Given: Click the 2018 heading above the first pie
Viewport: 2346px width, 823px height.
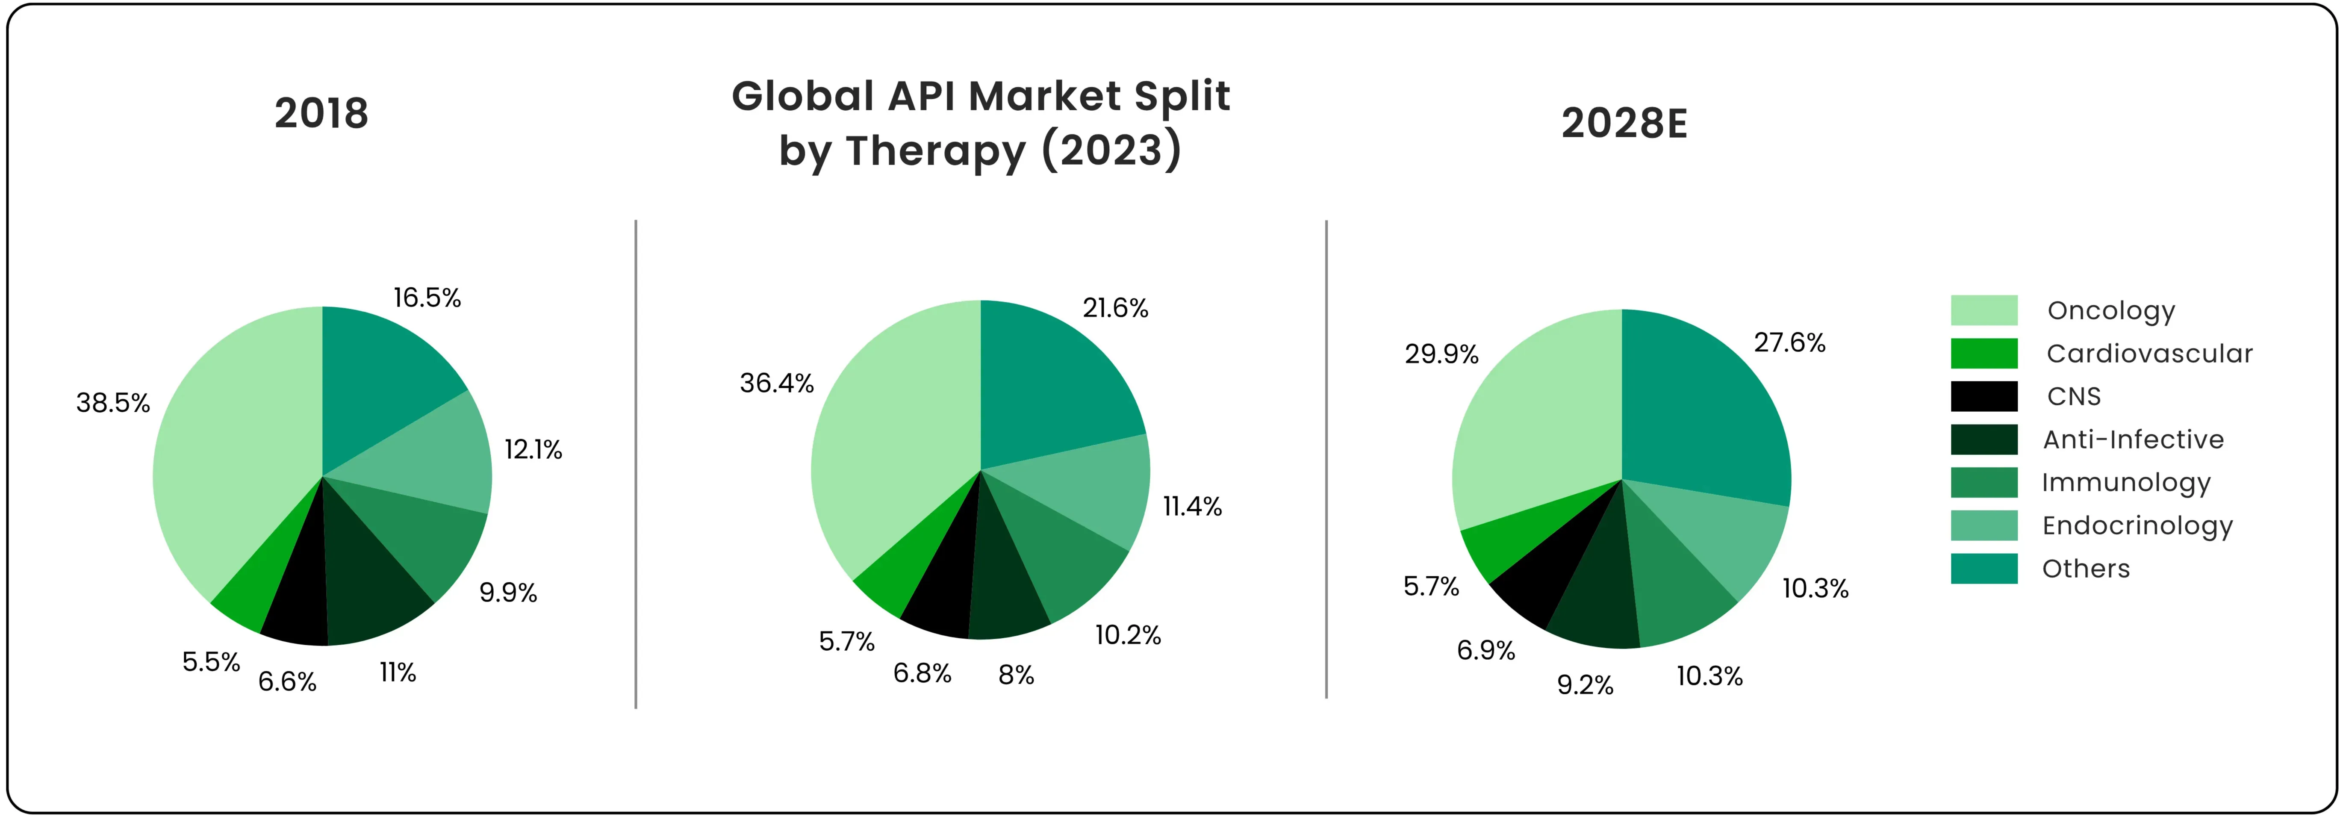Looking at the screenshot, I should pyautogui.click(x=321, y=114).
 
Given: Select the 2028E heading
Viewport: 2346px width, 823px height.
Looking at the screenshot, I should pyautogui.click(x=1624, y=124).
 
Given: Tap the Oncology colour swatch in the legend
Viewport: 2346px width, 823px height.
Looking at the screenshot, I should pyautogui.click(x=1983, y=310).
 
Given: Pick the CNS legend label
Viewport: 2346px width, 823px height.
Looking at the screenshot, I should pyautogui.click(x=2074, y=397).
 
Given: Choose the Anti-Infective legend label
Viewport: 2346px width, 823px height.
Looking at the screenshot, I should pyautogui.click(x=2133, y=440).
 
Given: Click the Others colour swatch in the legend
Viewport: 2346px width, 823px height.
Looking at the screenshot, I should pyautogui.click(x=1983, y=569).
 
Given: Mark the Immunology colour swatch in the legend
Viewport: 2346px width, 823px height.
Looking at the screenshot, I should pyautogui.click(x=1983, y=483).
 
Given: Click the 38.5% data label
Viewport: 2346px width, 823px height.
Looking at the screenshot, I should pyautogui.click(x=113, y=403).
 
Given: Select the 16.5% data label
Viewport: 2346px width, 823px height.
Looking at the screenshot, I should pyautogui.click(x=427, y=298).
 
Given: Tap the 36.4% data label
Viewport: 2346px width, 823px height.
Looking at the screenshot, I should pyautogui.click(x=776, y=383).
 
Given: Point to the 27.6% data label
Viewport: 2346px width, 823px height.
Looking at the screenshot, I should pyautogui.click(x=1789, y=343).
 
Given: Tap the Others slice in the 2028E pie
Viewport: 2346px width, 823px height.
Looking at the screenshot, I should pyautogui.click(x=1703, y=401).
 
